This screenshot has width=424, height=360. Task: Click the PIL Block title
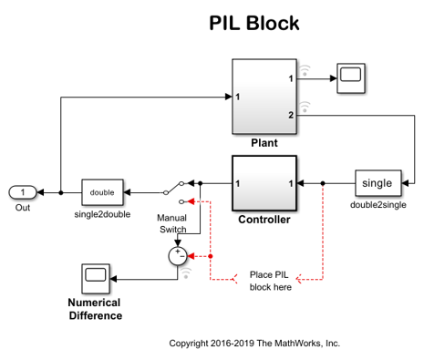(x=253, y=24)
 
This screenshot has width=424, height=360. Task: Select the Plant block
(x=264, y=97)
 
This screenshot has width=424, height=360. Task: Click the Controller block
(x=264, y=183)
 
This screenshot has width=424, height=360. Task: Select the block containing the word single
(x=377, y=183)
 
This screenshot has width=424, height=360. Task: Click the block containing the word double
(x=101, y=192)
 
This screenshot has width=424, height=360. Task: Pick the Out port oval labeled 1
(x=23, y=192)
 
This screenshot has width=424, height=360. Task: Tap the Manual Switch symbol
(x=175, y=192)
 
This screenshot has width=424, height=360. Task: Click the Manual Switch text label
(x=171, y=223)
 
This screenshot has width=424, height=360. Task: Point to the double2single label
(x=377, y=205)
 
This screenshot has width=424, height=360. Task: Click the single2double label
(x=101, y=214)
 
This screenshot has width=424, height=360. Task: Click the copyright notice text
(x=254, y=344)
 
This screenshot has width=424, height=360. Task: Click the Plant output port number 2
(x=290, y=115)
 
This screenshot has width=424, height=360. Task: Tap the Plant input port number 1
(x=237, y=97)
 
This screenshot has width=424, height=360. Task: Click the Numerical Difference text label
(x=95, y=310)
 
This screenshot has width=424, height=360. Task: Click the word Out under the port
(x=22, y=207)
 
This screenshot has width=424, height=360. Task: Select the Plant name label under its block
(x=264, y=143)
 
